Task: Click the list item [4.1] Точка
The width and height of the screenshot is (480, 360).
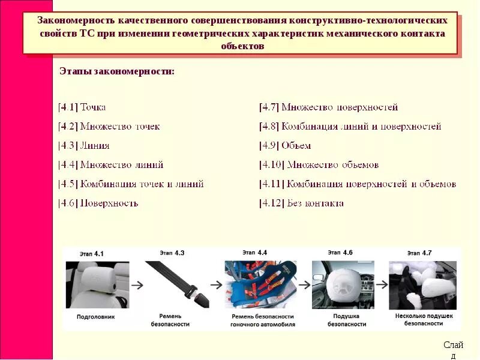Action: tap(82, 107)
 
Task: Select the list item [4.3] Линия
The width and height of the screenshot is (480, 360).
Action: tap(84, 146)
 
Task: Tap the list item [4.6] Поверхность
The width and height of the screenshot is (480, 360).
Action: tap(98, 203)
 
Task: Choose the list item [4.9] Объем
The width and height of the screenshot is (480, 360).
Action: tap(285, 146)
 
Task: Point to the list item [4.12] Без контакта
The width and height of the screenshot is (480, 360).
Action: tap(301, 203)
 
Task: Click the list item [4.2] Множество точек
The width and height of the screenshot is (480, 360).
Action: tap(109, 127)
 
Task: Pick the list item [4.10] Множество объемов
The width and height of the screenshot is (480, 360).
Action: tap(319, 165)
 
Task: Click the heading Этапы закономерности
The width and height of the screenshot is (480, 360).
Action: tap(117, 71)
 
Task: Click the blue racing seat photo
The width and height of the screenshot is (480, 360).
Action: tap(261, 284)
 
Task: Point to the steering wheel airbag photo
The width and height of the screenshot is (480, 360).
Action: tap(343, 284)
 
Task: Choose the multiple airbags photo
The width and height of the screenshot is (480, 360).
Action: tap(424, 284)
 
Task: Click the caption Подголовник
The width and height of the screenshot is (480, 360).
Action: tap(95, 316)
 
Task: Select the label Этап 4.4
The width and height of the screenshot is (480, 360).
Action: tap(254, 253)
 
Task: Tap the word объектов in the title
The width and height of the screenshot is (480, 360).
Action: tap(242, 46)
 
